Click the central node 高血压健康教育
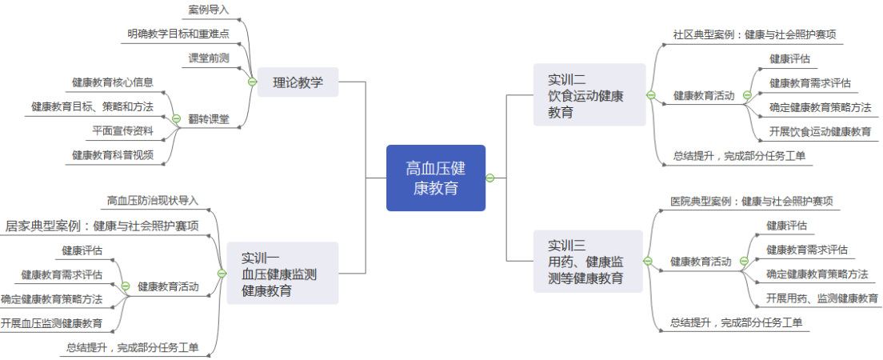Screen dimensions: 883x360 pos(436,178)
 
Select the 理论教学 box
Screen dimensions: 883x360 pos(298,81)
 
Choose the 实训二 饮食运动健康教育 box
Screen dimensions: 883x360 pos(589,95)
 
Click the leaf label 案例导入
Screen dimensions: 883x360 pos(209,10)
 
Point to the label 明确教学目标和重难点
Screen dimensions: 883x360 pos(178,34)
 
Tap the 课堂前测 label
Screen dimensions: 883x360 pos(209,58)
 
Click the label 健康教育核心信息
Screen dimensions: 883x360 pos(113,82)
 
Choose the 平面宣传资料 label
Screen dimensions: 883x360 pos(122,130)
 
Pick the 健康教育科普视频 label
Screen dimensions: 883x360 pos(113,154)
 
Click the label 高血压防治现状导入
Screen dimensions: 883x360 pos(153,200)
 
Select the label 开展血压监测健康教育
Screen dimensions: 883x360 pos(51,323)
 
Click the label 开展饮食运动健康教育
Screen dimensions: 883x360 pos(820,131)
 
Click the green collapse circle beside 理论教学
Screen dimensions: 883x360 pos(251,82)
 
